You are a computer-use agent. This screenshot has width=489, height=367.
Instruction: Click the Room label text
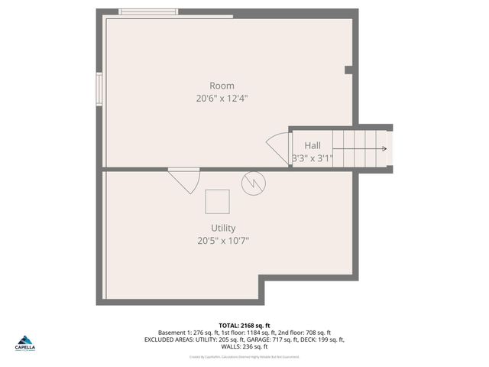222,86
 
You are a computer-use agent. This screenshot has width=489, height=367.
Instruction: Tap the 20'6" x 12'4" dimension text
222,98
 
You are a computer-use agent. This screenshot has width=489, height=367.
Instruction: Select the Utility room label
223,228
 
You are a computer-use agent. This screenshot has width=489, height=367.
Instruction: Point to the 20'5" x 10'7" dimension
223,240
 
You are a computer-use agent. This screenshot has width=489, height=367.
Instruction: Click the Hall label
313,145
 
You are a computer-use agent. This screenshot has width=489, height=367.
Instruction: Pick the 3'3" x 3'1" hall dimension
312,158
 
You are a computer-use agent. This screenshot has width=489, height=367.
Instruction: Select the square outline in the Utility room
217,201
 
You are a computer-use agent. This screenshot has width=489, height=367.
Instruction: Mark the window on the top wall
148,11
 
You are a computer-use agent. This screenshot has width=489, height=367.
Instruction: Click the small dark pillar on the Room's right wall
349,70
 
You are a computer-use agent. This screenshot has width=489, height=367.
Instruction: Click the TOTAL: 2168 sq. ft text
244,326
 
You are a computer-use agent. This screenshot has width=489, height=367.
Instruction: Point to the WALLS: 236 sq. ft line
244,346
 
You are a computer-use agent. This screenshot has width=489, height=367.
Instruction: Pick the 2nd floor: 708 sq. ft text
305,333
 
